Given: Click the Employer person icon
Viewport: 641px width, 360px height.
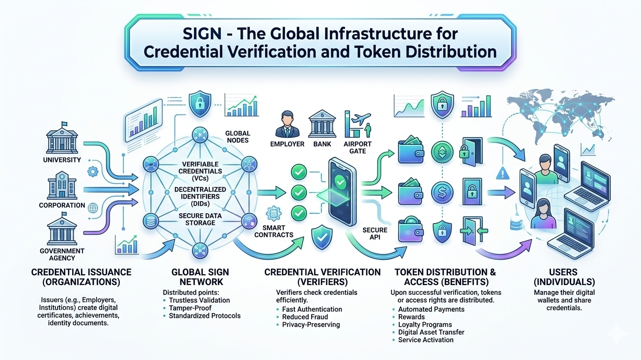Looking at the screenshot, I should click(x=287, y=123).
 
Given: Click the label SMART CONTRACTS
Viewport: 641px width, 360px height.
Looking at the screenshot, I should click(x=274, y=231).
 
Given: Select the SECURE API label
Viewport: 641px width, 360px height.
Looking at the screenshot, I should click(x=375, y=233).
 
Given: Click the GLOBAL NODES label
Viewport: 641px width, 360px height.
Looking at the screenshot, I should click(x=238, y=137).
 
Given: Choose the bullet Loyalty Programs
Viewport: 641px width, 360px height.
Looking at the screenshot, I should click(x=425, y=324).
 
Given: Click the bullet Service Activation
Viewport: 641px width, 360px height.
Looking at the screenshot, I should click(x=425, y=339).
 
